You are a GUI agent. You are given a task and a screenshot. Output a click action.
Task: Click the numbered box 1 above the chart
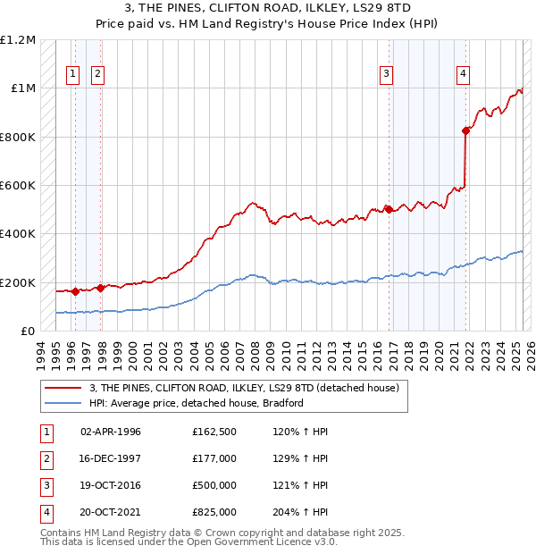tap(72, 74)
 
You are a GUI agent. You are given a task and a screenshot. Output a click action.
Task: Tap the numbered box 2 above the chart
tap(97, 74)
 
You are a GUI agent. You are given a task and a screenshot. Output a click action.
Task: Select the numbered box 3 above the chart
tap(386, 74)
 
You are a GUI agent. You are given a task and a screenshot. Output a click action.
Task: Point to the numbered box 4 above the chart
tap(464, 74)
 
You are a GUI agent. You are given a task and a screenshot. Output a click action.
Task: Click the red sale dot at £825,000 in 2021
tap(465, 130)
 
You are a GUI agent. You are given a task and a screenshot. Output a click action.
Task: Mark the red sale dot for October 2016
tap(389, 209)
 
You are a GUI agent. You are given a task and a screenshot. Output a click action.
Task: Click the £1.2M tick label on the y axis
tap(18, 40)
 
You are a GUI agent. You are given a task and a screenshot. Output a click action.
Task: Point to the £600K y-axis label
tap(18, 185)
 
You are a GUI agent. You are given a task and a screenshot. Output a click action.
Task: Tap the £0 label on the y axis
tap(27, 331)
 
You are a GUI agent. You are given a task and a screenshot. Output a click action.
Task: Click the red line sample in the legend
tap(64, 387)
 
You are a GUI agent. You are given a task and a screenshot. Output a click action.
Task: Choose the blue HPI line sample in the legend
tap(64, 403)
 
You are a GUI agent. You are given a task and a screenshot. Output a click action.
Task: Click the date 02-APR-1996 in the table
tap(111, 432)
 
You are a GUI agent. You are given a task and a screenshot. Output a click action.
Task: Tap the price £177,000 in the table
tap(214, 457)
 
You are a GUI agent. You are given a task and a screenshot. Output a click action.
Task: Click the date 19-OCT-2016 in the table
tap(111, 485)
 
